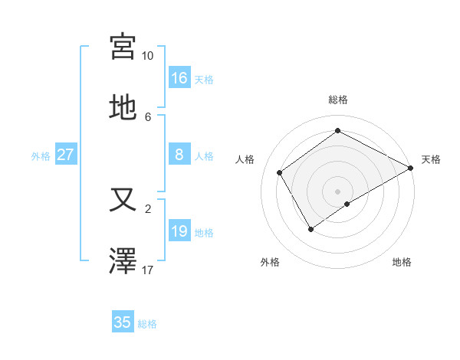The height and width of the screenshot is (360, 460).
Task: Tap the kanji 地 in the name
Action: coord(123,106)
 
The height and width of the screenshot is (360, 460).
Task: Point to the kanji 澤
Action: coord(123,260)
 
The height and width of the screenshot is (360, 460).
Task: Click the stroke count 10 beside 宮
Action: coord(147,56)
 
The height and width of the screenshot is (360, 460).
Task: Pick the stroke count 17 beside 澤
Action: coord(147,270)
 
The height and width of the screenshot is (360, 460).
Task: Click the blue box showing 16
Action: coord(179,78)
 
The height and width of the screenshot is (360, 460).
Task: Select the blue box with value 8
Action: coord(179,155)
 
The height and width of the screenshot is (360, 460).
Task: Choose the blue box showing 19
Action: coord(179,231)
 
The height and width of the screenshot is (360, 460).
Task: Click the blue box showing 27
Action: coord(66,155)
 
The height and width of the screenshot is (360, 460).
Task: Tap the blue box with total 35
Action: coord(123,322)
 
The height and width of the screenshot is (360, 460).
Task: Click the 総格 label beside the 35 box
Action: coord(147,324)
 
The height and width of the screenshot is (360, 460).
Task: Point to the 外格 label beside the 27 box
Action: coord(41,156)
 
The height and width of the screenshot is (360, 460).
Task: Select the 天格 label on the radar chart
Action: coord(431,159)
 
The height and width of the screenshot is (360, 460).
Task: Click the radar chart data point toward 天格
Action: coord(411,168)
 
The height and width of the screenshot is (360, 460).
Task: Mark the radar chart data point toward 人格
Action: coord(280,172)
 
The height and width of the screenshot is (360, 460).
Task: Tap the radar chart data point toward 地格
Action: coord(347,204)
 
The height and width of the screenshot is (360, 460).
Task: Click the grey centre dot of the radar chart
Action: coord(337,191)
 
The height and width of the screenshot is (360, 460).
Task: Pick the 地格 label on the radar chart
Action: coord(402,262)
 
